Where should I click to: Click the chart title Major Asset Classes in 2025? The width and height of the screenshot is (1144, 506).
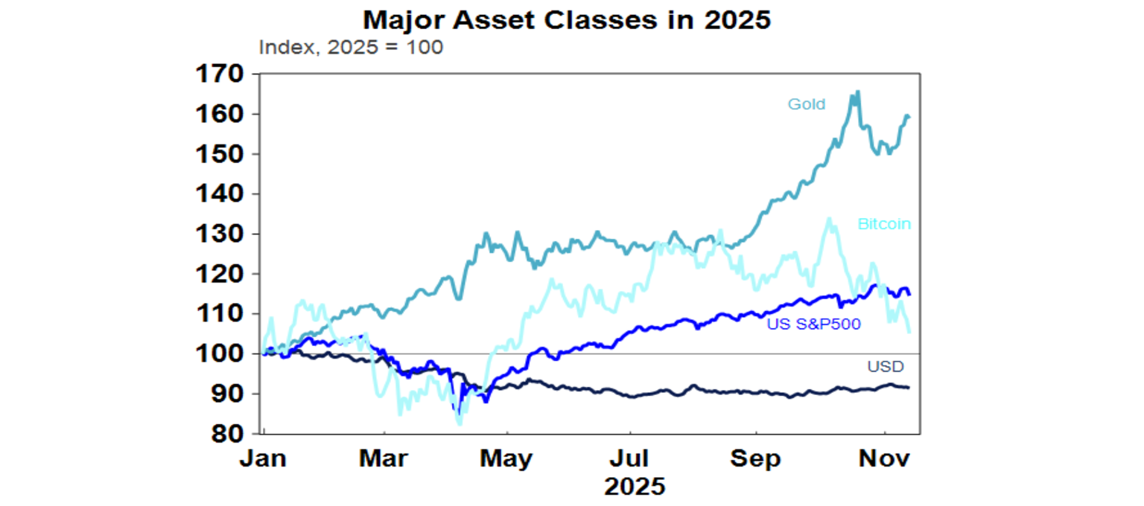pos(566,20)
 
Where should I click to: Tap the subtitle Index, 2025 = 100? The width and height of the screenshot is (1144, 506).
pos(351,48)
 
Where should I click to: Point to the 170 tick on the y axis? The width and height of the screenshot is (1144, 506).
pos(219,74)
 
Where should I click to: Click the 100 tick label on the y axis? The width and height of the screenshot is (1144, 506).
pos(219,354)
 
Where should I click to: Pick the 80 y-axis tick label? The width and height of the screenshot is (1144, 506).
pos(226,434)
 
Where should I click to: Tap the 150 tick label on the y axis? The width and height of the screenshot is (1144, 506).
pos(219,154)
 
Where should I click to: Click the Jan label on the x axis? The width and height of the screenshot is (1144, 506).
pos(263,458)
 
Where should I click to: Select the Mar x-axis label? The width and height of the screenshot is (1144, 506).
pos(384,458)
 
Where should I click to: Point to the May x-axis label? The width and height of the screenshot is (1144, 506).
pos(507,458)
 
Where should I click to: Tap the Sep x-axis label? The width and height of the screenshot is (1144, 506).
pos(756,458)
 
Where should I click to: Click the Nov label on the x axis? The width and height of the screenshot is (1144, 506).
pos(885,458)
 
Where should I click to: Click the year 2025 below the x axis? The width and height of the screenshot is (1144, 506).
pos(635,487)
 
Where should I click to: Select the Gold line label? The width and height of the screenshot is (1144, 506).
pos(807,104)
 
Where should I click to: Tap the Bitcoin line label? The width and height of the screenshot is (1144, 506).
pos(884,224)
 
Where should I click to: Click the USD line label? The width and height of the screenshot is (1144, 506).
pos(885,366)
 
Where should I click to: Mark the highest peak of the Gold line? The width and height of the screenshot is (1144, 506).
pos(858,92)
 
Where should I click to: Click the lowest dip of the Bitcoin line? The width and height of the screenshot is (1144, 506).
pos(460,423)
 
